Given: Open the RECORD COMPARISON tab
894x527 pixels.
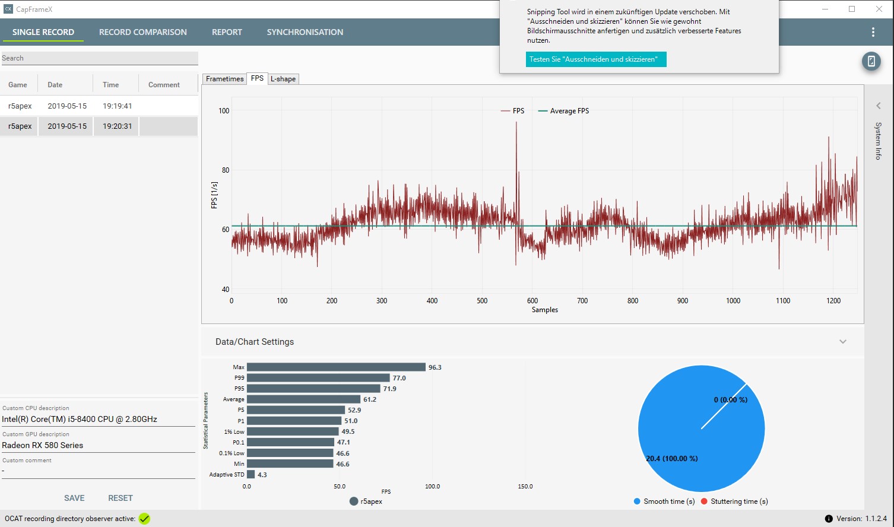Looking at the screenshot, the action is pos(143,32).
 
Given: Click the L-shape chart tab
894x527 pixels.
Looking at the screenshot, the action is pos(283,78).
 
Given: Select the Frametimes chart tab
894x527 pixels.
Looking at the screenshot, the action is pos(224,78).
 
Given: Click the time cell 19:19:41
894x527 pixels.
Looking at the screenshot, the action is pos(117,106).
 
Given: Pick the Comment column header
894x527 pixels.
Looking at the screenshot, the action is pos(164,85).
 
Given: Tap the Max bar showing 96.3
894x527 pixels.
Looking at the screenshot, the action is pos(336,367).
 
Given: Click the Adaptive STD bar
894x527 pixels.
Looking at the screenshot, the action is pos(251,474).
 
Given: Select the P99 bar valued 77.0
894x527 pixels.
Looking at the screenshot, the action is pos(318,378).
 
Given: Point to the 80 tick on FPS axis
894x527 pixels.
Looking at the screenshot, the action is pos(226,170).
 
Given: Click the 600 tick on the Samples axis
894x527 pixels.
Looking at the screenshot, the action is pos(532,300).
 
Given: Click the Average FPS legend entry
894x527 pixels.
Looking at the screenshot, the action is pos(563,111).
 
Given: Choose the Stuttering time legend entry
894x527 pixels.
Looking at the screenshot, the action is pos(734,501).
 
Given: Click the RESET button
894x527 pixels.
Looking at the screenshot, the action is pos(121,498).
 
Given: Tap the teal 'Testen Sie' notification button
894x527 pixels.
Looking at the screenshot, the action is pos(596,59).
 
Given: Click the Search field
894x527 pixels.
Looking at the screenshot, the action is pos(99,58).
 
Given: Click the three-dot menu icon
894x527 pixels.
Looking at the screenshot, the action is pos(873,32).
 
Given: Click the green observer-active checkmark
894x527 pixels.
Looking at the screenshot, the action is pos(144,519).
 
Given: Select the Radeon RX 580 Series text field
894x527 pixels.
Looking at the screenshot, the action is pos(98,445).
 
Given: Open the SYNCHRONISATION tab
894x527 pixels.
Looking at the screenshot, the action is pos(305,32).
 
